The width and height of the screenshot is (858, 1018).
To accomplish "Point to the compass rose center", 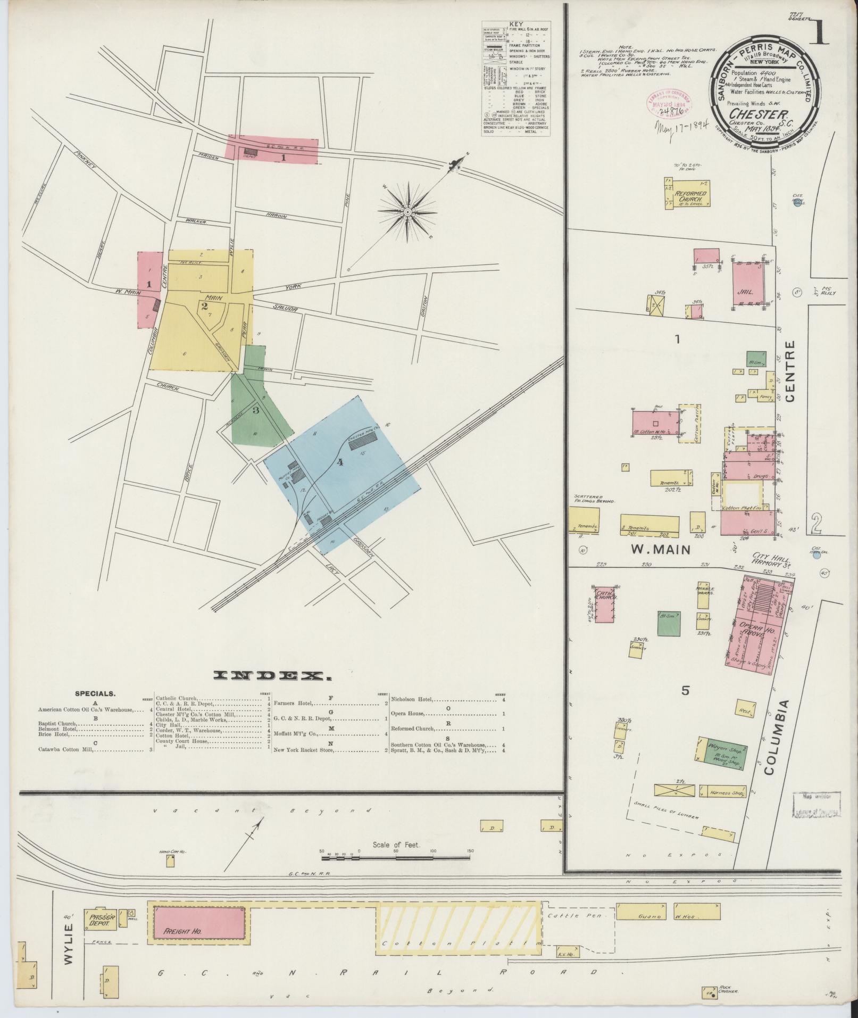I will click(407, 212).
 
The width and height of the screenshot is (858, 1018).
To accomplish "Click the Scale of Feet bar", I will click(396, 857).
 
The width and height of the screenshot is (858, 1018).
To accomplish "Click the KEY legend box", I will click(516, 79).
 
